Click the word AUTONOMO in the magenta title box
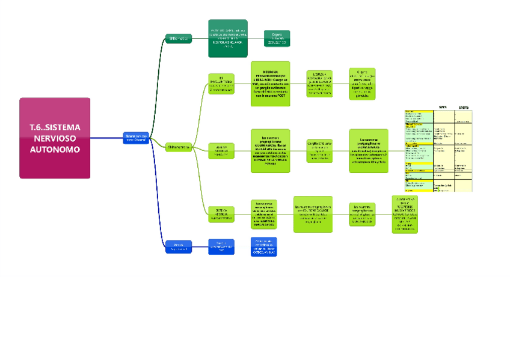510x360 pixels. [55, 150]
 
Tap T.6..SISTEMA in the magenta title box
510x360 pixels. [55, 127]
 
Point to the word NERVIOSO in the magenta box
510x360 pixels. [55, 138]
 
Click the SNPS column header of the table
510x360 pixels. [464, 107]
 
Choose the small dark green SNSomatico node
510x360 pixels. [179, 38]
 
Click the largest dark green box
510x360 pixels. [228, 38]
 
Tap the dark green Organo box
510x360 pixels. [277, 38]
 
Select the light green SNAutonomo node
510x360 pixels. [179, 147]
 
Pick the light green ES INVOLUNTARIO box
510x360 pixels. [221, 84]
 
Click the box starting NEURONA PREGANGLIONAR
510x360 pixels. [270, 84]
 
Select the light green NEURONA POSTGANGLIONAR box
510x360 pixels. [319, 84]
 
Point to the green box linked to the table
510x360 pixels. [368, 151]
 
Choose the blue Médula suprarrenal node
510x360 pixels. [179, 246]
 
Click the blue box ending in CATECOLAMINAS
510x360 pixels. [263, 246]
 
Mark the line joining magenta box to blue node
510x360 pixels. [106, 138]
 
